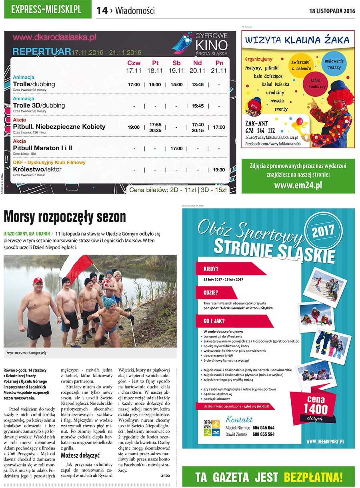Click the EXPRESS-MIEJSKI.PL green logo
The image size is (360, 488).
[x=48, y=10]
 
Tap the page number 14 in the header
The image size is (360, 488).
[x=102, y=11]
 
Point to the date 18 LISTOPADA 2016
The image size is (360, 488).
[x=332, y=11]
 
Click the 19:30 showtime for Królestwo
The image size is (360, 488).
[x=219, y=170]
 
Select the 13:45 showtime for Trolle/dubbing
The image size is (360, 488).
[x=198, y=85]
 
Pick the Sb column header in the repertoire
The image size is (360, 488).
[x=176, y=63]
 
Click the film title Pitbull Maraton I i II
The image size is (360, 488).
[x=43, y=148]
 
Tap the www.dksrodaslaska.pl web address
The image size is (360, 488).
[x=54, y=38]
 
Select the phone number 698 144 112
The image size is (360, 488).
[x=260, y=130]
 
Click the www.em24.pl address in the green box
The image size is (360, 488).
[x=298, y=185]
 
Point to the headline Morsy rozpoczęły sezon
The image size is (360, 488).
[x=65, y=217]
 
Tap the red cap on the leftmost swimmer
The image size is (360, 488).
[x=38, y=281]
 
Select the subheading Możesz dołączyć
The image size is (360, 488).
[x=80, y=455]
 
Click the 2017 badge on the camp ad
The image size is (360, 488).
[x=323, y=232]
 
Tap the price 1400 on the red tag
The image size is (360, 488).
[x=316, y=408]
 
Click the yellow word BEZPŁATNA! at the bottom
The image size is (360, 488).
[x=313, y=477]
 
